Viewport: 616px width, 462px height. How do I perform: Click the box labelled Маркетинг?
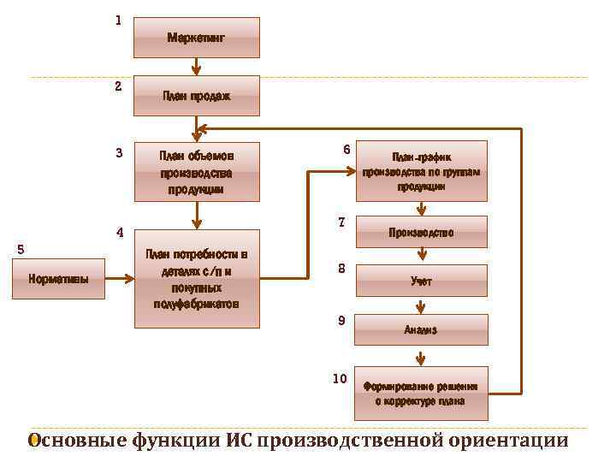(x=196, y=38)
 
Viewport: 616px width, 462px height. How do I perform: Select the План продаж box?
(x=196, y=96)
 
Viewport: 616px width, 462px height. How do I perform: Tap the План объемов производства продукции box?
(x=196, y=171)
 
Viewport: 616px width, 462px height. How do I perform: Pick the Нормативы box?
(x=58, y=279)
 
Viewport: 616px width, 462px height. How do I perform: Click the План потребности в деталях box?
(x=196, y=278)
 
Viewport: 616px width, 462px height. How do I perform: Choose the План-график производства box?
(x=421, y=171)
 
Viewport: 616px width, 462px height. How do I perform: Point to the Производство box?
(x=421, y=232)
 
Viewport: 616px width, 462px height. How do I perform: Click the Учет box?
(x=421, y=281)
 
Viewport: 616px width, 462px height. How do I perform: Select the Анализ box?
(x=421, y=329)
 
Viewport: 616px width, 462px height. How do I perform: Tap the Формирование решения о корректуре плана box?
(x=421, y=393)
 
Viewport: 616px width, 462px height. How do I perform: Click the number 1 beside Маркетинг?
(x=118, y=20)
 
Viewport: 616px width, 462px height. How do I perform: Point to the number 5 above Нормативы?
(x=21, y=249)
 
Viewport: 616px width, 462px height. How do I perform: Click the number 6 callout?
(x=346, y=150)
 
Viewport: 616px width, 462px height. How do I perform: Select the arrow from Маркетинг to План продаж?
(x=196, y=67)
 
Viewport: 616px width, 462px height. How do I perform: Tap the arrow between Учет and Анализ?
(x=421, y=305)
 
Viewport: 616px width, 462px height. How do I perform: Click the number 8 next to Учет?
(x=341, y=269)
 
